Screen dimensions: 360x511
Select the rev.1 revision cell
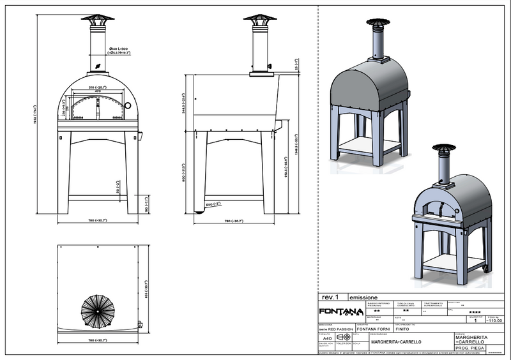(330, 297)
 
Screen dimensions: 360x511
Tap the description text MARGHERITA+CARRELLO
(396, 342)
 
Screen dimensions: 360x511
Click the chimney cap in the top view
(97, 310)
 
